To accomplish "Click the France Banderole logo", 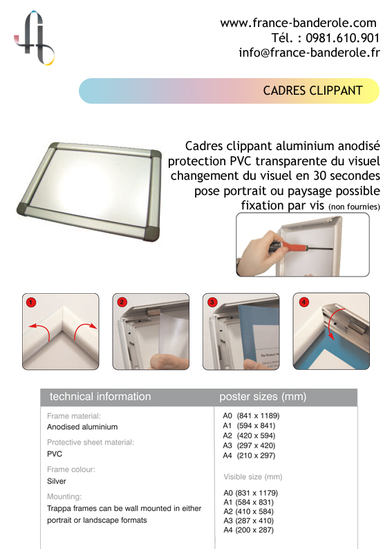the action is pos(35,38).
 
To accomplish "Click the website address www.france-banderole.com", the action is pos(298,23).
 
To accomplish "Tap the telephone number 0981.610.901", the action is pos(342,38).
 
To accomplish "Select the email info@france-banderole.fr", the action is pos(309,53).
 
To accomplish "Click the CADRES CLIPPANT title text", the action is pos(312,91).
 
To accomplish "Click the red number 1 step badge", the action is pos(31,302).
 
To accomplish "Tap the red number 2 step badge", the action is pos(122,301).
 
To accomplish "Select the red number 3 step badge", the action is pos(212,301).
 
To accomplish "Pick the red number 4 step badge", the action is pos(304,301).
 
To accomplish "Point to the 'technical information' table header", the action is pos(100,396).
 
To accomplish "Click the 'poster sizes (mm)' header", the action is pos(263,396).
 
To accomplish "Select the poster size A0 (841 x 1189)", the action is pos(251,416).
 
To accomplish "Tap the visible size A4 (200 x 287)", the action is pos(248,530).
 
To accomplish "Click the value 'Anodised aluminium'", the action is pos(82,427).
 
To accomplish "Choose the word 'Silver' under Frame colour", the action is pos(57,481).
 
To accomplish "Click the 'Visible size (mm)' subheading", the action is pos(253,476).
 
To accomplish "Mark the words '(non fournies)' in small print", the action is pos(354,207).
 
